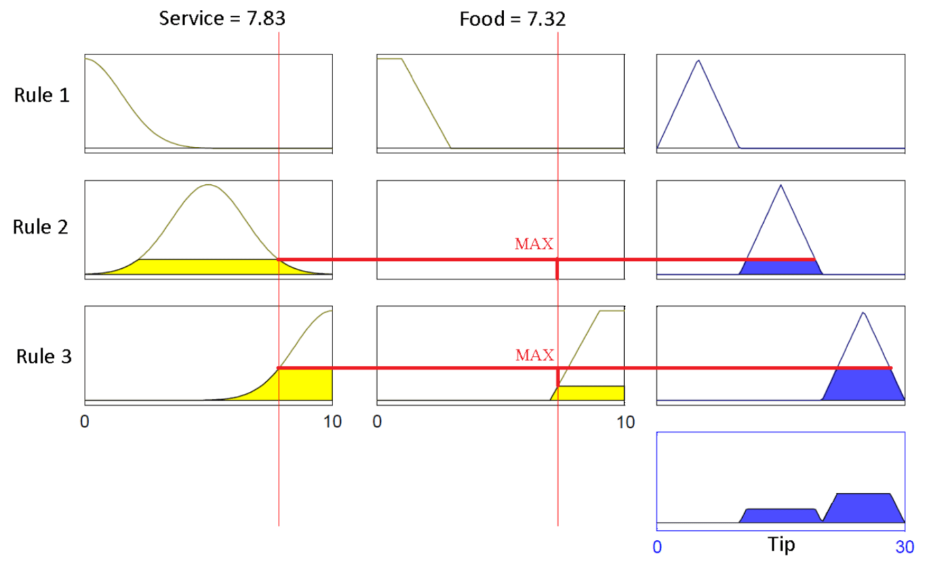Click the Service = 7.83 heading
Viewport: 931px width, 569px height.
(222, 18)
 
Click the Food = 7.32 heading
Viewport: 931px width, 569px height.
(512, 19)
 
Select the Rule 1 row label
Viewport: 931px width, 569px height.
(41, 95)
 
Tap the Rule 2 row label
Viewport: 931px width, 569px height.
(41, 227)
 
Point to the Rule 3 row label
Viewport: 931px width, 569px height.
(44, 357)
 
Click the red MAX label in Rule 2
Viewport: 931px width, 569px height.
(534, 244)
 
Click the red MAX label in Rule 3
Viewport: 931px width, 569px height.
(534, 355)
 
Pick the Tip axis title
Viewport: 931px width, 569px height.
(782, 545)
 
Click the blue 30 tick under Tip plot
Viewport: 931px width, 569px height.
(905, 547)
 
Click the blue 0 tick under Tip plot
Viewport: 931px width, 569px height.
(658, 547)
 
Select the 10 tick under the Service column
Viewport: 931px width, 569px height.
(332, 422)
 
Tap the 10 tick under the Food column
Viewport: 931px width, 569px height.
(625, 422)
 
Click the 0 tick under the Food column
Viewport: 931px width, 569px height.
(377, 422)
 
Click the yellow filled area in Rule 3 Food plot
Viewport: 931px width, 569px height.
(590, 393)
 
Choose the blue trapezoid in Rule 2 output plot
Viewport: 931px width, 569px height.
(780, 267)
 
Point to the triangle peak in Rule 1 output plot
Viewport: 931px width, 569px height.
(698, 61)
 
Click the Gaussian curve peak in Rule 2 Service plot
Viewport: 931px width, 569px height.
(208, 186)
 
